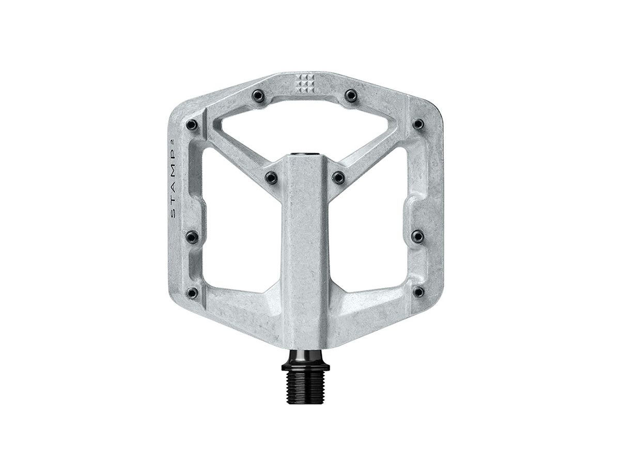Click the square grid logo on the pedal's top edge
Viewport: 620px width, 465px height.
(305, 83)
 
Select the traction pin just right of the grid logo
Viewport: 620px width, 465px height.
(351, 95)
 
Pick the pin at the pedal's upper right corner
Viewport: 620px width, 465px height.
(418, 124)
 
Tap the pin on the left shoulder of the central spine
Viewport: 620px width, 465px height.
(271, 178)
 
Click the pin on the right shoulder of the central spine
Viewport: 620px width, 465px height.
(338, 178)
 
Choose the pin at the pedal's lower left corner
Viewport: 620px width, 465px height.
(192, 293)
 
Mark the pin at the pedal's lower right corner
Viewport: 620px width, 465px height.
(418, 292)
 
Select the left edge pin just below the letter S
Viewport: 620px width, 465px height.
(192, 237)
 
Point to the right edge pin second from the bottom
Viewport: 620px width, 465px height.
(417, 236)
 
